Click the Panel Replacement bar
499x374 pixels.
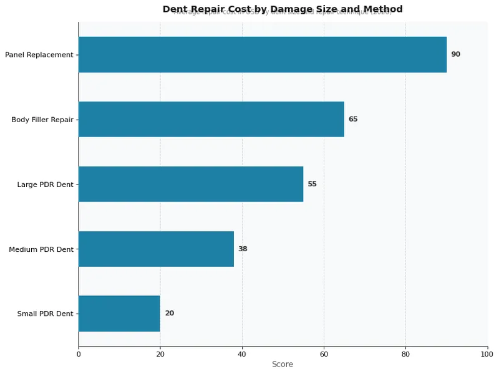(x=262, y=54)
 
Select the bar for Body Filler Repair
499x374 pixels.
(x=211, y=119)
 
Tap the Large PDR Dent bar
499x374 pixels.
(x=190, y=184)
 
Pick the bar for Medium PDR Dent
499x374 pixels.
(x=156, y=249)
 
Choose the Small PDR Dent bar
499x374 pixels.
(x=119, y=314)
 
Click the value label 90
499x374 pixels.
(x=455, y=54)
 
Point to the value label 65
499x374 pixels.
(x=353, y=119)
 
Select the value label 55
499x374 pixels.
(x=312, y=184)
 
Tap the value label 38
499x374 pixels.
(x=243, y=249)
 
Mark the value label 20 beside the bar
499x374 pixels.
(x=169, y=314)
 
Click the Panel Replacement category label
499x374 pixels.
(x=39, y=55)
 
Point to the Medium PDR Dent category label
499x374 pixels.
(x=41, y=249)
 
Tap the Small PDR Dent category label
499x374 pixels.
(x=45, y=314)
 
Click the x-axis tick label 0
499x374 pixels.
(x=79, y=354)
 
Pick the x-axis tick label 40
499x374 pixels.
(x=242, y=354)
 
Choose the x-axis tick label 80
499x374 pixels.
(x=405, y=354)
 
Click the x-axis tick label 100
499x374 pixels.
(x=487, y=354)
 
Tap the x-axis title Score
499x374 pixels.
(x=283, y=364)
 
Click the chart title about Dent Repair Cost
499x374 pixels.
(x=283, y=9)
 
